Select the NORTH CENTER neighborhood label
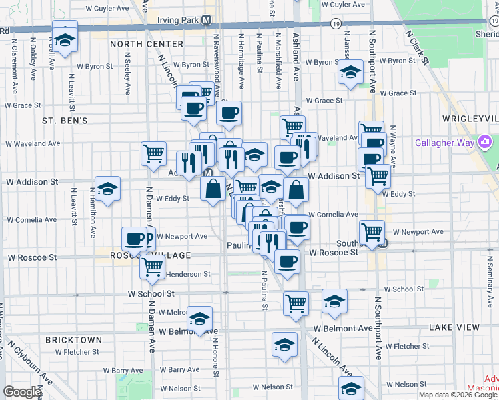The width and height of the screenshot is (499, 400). click(x=147, y=44)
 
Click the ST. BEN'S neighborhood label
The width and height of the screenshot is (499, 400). click(x=65, y=121)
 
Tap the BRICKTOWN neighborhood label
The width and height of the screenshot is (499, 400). click(x=73, y=340)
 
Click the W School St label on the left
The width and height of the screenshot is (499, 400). click(x=151, y=293)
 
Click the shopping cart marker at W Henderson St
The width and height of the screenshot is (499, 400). click(x=153, y=266)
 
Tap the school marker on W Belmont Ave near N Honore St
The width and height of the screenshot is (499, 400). click(x=199, y=319)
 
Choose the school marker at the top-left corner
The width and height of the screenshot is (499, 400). click(x=65, y=39)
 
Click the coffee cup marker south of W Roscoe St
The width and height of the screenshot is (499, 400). click(x=287, y=261)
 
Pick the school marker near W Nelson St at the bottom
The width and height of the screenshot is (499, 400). click(x=351, y=388)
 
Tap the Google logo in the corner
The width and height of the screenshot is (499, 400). click(x=21, y=392)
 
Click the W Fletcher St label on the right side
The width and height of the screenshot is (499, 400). click(x=415, y=347)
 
